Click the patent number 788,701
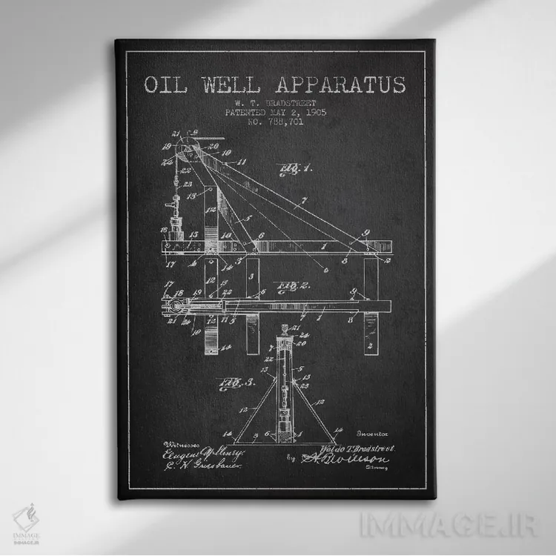tap(284, 122)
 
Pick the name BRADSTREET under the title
tap(288, 103)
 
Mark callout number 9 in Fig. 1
tap(365, 234)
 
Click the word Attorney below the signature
tap(383, 471)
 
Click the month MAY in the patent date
tap(280, 113)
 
